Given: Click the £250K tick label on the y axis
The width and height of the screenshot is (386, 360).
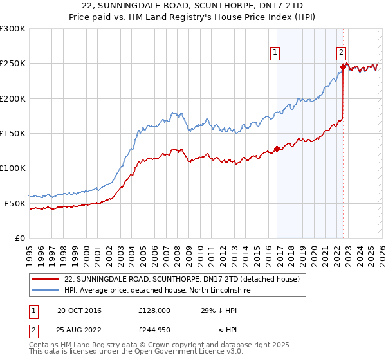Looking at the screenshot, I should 13,64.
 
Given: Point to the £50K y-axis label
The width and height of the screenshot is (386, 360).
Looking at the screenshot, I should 15,203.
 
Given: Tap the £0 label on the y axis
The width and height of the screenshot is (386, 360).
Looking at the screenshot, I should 20,238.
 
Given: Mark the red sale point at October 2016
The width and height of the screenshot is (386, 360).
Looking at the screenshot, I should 277,148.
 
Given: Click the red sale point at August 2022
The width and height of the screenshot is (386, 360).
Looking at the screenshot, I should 343,67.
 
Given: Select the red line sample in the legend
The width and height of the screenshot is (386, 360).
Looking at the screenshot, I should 45,280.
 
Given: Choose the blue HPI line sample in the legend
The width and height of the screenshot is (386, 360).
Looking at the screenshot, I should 45,291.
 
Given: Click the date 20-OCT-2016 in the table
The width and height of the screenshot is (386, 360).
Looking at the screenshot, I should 79,310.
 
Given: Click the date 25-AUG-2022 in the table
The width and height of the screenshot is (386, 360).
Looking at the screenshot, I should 79,330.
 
